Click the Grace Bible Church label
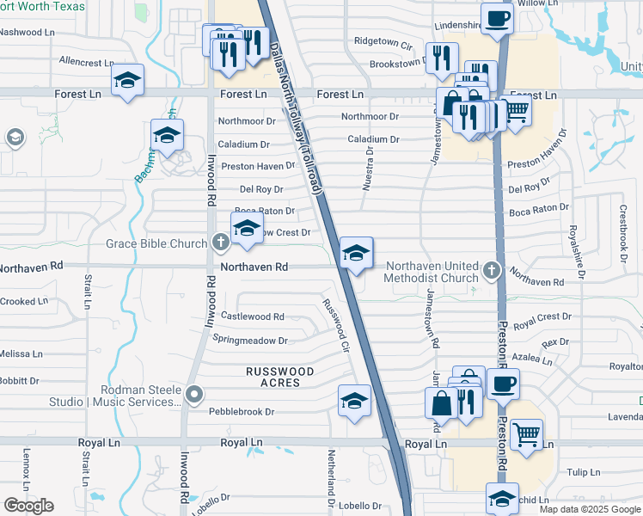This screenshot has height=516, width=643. (x=156, y=243)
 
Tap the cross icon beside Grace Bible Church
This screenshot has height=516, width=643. (x=220, y=243)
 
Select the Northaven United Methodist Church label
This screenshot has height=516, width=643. (x=432, y=272)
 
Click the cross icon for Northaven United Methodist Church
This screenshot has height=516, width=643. (x=491, y=271)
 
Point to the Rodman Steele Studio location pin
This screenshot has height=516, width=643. (x=194, y=395)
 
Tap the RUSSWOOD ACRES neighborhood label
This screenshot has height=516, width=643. (x=279, y=377)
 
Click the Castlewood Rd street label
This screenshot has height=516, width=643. (x=253, y=316)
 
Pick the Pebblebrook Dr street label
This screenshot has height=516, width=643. (x=242, y=412)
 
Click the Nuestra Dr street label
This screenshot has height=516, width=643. (x=368, y=169)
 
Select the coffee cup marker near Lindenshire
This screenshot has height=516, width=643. (x=497, y=19)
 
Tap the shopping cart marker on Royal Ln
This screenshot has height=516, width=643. (x=526, y=434)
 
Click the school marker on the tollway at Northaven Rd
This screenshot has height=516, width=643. (x=355, y=253)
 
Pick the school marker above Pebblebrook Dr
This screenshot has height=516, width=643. (x=354, y=401)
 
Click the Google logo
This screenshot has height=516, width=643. (x=28, y=505)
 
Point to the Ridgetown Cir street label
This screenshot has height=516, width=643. (x=383, y=41)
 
